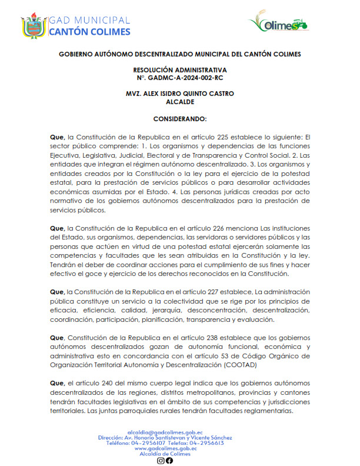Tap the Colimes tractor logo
[x=279, y=24]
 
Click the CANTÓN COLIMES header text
[x=89, y=32]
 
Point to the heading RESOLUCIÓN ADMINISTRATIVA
[x=180, y=70]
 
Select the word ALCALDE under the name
[x=180, y=101]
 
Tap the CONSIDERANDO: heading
[x=180, y=118]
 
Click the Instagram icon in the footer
[x=161, y=460]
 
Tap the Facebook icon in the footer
[x=169, y=460]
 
